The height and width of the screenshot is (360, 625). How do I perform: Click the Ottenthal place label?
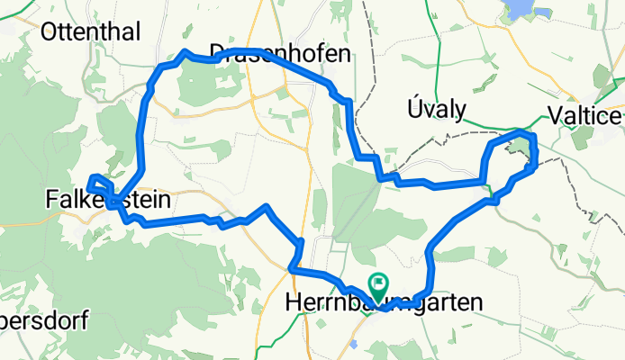pos(90,33)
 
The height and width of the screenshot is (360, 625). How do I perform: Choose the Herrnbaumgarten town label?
pos(384,303)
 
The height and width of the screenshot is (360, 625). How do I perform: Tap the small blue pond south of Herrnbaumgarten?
pos(354,344)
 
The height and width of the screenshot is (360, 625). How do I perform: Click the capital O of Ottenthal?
pos(50,33)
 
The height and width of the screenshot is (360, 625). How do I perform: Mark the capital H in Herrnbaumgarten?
pos(292,303)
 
